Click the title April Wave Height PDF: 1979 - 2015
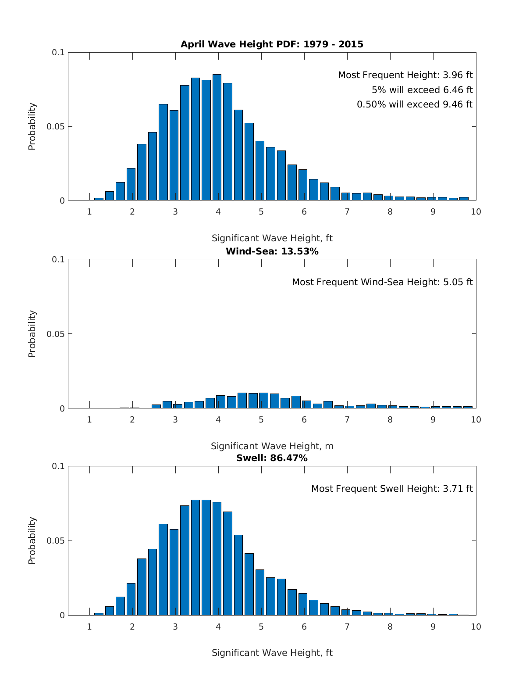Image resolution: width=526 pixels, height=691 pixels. point(272,44)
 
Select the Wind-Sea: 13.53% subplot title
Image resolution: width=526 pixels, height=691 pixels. point(272,251)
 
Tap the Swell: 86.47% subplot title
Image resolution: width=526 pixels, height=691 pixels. point(272,458)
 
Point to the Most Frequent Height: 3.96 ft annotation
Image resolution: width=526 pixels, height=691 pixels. point(405,75)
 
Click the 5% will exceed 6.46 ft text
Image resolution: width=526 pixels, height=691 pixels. point(422,90)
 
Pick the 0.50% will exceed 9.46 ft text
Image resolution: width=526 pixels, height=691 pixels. point(415,104)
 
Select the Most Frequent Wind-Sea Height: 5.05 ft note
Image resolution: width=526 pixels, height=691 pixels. point(382,282)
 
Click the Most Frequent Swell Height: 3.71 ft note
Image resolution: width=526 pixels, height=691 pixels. point(392,489)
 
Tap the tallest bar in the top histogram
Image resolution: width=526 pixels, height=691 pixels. point(217,137)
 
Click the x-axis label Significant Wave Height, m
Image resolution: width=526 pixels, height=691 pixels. point(272,446)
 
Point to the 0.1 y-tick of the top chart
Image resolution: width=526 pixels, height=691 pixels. point(58,52)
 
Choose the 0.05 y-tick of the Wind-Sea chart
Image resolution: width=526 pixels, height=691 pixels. point(56,334)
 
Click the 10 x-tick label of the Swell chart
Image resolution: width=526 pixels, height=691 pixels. point(476,627)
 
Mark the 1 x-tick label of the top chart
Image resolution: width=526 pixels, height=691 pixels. point(89,211)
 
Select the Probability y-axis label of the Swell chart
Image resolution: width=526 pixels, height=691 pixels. point(32,541)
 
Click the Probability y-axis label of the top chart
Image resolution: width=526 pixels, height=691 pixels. point(32,126)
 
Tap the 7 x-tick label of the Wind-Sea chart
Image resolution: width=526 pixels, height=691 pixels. point(347,419)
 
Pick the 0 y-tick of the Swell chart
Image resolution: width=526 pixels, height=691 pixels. point(62,615)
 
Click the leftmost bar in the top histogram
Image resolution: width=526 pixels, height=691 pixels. point(99,199)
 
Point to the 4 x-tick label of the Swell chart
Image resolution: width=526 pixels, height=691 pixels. point(218,627)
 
